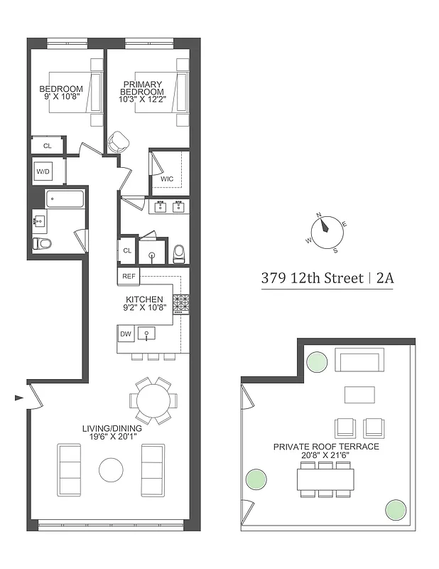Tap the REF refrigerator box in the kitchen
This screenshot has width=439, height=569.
click(x=129, y=276)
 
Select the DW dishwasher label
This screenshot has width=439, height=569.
click(x=126, y=333)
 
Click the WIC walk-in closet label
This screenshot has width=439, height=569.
click(x=167, y=178)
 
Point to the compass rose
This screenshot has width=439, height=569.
click(x=327, y=232)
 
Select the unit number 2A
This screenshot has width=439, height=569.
click(x=384, y=278)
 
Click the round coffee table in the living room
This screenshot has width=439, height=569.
click(x=112, y=470)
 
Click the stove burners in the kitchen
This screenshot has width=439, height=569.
click(x=181, y=304)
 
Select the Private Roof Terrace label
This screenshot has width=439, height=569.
click(x=326, y=446)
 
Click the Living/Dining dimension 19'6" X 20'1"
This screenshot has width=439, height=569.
click(x=112, y=438)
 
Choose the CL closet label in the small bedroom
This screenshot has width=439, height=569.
click(x=47, y=145)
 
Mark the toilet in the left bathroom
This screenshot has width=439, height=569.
click(x=43, y=244)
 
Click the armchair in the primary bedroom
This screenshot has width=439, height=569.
click(x=117, y=142)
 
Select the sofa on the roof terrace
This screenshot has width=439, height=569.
click(x=359, y=361)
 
